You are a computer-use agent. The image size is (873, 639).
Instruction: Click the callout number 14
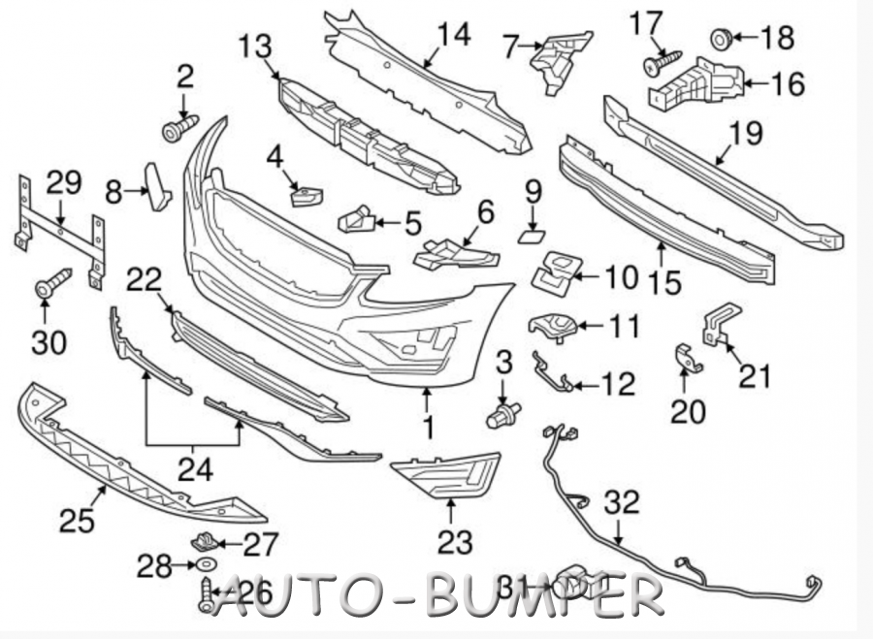point(454,35)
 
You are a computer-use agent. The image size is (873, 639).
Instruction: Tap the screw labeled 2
point(179,128)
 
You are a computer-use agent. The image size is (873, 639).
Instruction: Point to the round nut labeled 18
point(722,39)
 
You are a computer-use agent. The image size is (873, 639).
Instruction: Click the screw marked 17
point(663,62)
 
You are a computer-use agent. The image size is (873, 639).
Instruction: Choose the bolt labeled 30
point(52,282)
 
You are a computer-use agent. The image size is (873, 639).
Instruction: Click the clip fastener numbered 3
point(502,415)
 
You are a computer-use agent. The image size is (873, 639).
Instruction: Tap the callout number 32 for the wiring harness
point(622,502)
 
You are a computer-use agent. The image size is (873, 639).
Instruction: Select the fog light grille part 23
point(446,474)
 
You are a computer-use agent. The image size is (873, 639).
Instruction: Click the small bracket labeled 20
point(688,360)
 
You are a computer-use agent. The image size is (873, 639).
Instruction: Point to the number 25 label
point(77,521)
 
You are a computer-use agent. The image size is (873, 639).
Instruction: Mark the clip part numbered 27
point(204,540)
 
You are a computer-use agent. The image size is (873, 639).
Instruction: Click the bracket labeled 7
point(559,60)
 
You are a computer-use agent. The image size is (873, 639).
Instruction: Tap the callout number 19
point(745,133)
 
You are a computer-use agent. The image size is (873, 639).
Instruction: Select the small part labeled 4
point(307,197)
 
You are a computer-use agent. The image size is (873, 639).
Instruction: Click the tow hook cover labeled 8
point(157,187)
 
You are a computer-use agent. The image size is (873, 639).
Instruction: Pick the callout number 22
point(144,279)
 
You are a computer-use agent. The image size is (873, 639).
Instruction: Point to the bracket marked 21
point(721,325)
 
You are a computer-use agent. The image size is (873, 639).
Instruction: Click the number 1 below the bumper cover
point(428,428)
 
